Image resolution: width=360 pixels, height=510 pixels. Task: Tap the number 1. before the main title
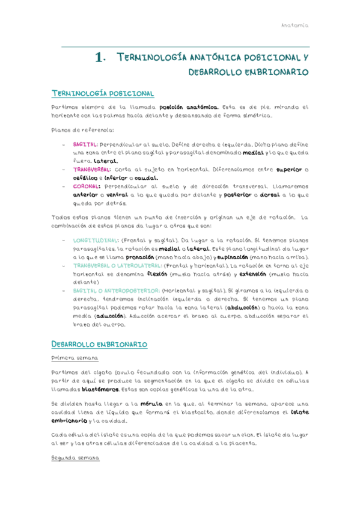point(100,58)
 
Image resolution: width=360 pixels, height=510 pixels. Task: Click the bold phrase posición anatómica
point(190,107)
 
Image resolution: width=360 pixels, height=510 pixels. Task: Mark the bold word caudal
point(146,178)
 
